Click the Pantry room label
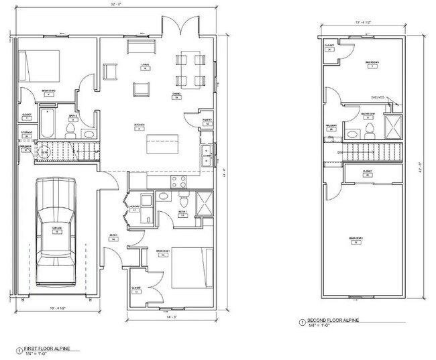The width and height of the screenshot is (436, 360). pos(208,122)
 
